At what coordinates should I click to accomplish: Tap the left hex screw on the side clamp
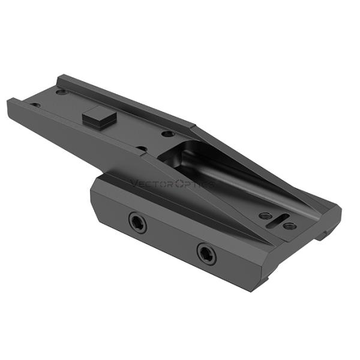[x=137, y=224]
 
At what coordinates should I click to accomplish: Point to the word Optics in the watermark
[x=196, y=184]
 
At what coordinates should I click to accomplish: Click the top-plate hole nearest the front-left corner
[x=36, y=106]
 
